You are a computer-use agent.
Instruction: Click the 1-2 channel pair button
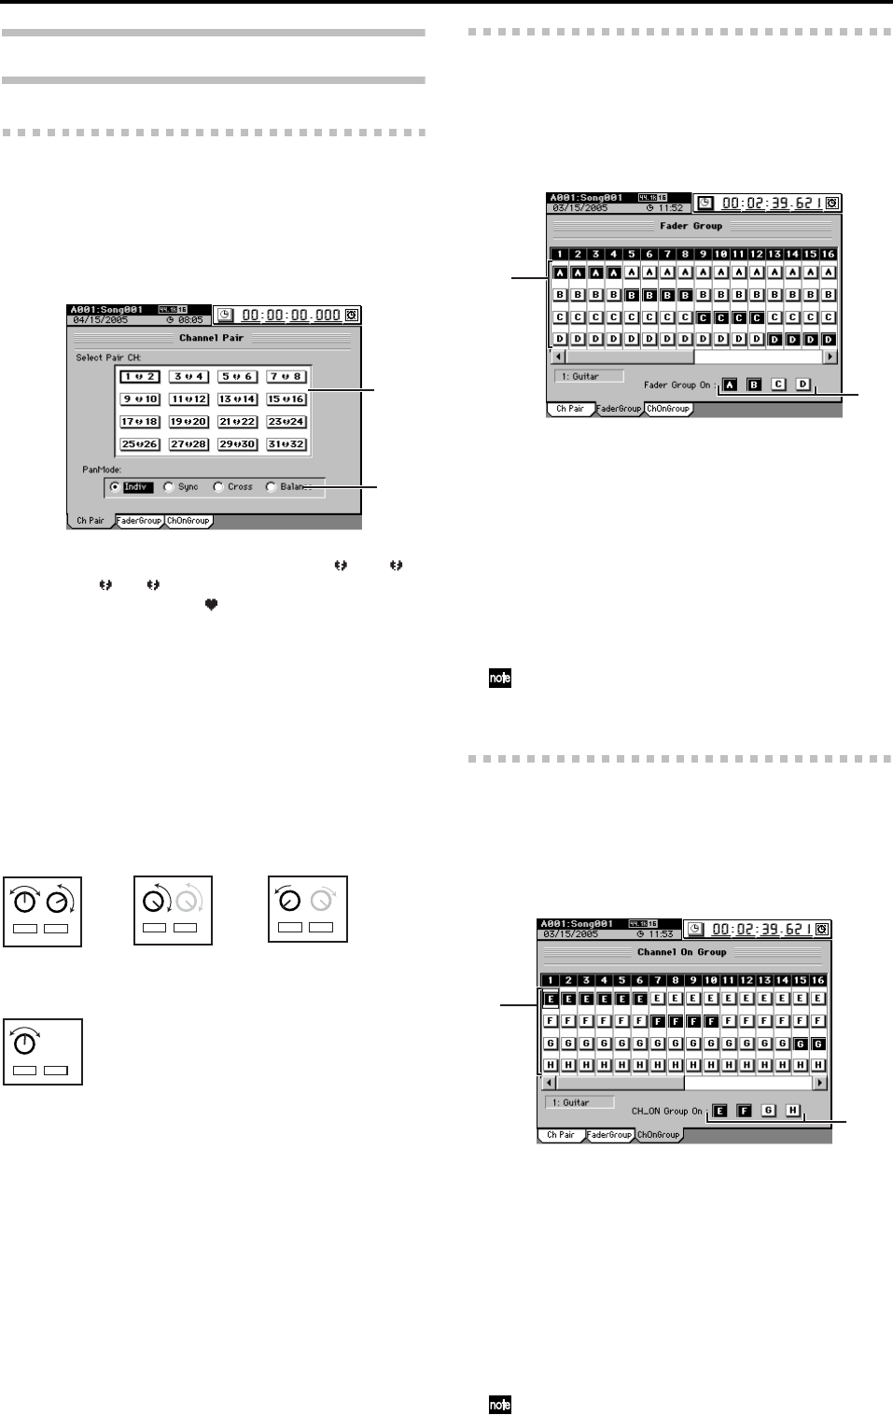pyautogui.click(x=139, y=377)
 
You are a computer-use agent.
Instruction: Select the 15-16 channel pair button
pyautogui.click(x=286, y=399)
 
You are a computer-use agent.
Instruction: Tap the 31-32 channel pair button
pyautogui.click(x=286, y=444)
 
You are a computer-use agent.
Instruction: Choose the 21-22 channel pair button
pyautogui.click(x=237, y=422)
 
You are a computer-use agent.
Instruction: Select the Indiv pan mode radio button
pyautogui.click(x=115, y=487)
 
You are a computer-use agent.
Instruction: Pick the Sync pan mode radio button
pyautogui.click(x=169, y=487)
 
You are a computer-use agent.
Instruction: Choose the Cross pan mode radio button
pyautogui.click(x=218, y=487)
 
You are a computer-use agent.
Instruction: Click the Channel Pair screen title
pyautogui.click(x=211, y=338)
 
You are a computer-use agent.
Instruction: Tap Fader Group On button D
pyautogui.click(x=802, y=385)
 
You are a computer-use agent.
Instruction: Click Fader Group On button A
pyautogui.click(x=730, y=385)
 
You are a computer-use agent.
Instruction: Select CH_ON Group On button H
pyautogui.click(x=792, y=1111)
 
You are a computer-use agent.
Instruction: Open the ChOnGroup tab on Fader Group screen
pyautogui.click(x=668, y=409)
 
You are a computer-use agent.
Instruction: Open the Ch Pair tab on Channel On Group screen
pyautogui.click(x=560, y=1135)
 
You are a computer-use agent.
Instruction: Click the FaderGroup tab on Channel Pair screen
pyautogui.click(x=139, y=521)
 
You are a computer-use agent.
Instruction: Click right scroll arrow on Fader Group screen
pyautogui.click(x=829, y=357)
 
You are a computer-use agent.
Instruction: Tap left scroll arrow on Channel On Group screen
pyautogui.click(x=550, y=1083)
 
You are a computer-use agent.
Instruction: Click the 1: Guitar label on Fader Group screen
pyautogui.click(x=587, y=377)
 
